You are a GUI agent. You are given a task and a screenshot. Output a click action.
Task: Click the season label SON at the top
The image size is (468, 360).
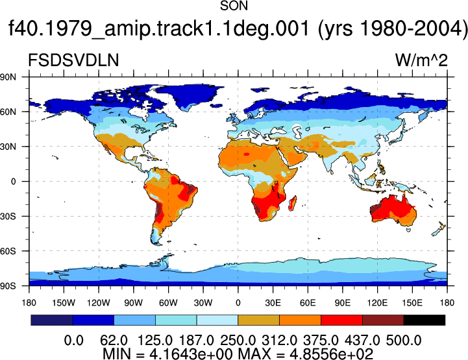(234, 6)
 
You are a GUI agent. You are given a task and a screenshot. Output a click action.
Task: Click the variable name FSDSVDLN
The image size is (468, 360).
(73, 60)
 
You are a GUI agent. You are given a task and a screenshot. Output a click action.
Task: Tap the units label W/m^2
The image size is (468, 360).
(421, 60)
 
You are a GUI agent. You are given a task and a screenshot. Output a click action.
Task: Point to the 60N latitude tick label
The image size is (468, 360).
(8, 112)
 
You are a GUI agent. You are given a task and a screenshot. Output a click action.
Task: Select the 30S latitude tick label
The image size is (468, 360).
(8, 216)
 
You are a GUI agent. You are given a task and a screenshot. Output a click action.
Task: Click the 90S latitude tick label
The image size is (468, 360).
(8, 286)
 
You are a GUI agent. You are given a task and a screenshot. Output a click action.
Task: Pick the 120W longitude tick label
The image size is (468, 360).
(99, 303)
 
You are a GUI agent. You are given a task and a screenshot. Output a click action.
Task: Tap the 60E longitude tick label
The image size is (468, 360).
(308, 303)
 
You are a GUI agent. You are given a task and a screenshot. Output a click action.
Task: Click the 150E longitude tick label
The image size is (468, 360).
(412, 303)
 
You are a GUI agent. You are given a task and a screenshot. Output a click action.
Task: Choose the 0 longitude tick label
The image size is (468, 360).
(238, 303)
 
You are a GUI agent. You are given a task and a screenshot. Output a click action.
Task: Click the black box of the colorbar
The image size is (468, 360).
(424, 320)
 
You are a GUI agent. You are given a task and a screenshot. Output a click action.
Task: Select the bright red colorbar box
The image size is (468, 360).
(341, 320)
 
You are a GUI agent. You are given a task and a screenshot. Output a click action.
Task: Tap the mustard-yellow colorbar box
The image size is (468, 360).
(258, 320)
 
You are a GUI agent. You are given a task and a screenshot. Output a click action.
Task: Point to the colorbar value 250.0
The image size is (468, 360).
(238, 341)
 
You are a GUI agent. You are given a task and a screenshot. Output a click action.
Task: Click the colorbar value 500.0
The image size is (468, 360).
(404, 341)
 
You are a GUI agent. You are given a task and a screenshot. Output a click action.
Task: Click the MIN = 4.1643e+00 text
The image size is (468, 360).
(167, 354)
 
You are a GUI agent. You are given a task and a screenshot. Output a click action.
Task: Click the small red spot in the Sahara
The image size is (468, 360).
(246, 154)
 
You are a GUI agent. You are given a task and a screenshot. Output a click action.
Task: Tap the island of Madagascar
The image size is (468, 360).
(293, 203)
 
